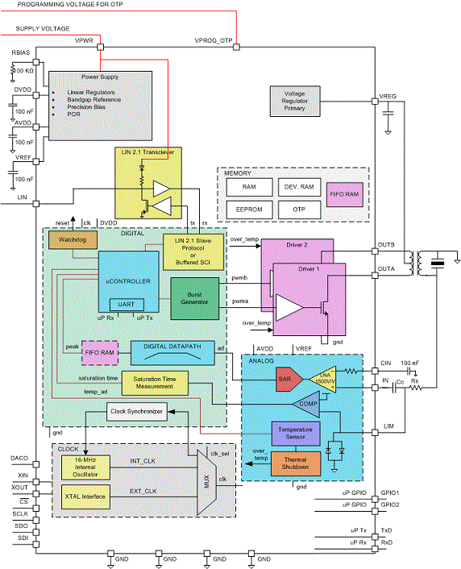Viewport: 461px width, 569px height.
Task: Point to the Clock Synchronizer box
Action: pos(136,413)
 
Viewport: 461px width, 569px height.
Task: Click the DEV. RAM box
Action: pos(298,186)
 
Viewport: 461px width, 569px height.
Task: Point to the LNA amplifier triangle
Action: pos(322,376)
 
